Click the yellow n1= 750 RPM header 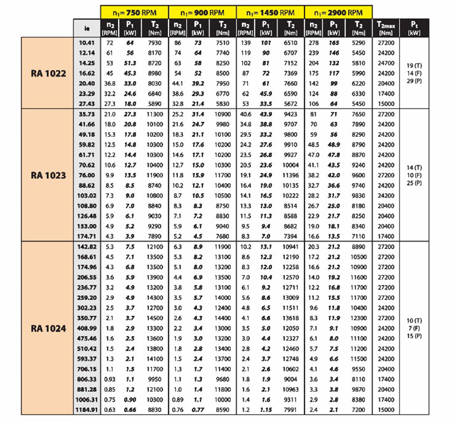[x=135, y=11]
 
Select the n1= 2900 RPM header [x=339, y=11]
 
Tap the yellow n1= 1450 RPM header [x=270, y=11]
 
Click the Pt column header [x=414, y=27]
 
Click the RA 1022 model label [x=48, y=73]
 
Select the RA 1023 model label [x=48, y=175]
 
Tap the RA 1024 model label [x=48, y=329]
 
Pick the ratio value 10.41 [x=88, y=42]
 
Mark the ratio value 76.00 [x=88, y=175]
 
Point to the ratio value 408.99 [x=86, y=328]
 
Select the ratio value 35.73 [x=88, y=114]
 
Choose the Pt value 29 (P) [x=414, y=80]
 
